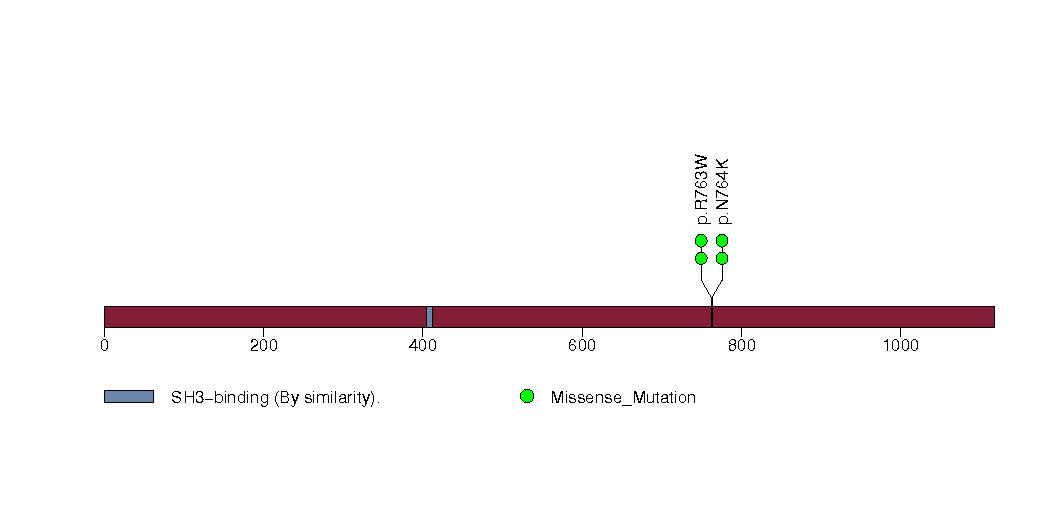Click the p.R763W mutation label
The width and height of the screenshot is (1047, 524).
pos(700,190)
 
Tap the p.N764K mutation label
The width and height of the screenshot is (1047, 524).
pos(722,191)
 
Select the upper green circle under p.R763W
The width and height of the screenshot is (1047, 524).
pos(701,240)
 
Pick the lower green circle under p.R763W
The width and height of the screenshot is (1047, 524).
pos(701,258)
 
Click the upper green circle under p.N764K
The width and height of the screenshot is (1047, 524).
pos(722,240)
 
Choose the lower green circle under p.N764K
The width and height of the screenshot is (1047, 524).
pos(722,258)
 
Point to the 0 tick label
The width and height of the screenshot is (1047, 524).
pos(104,346)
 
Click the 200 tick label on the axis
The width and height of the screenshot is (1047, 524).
pos(264,346)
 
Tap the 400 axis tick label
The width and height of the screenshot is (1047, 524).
pos(423,346)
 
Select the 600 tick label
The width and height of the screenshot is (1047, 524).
pos(582,346)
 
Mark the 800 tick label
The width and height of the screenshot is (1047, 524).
pos(741,346)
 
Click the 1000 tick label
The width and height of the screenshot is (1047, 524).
pos(901,346)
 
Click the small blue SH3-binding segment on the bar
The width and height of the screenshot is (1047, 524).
pos(429,317)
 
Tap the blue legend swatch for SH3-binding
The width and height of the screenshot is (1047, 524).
pos(129,397)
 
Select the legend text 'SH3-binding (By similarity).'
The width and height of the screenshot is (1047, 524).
pos(275,398)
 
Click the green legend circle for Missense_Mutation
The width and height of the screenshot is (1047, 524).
pos(527,397)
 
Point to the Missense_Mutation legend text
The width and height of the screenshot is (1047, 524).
pos(623,398)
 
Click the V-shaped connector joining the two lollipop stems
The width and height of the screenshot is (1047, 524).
pos(712,287)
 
